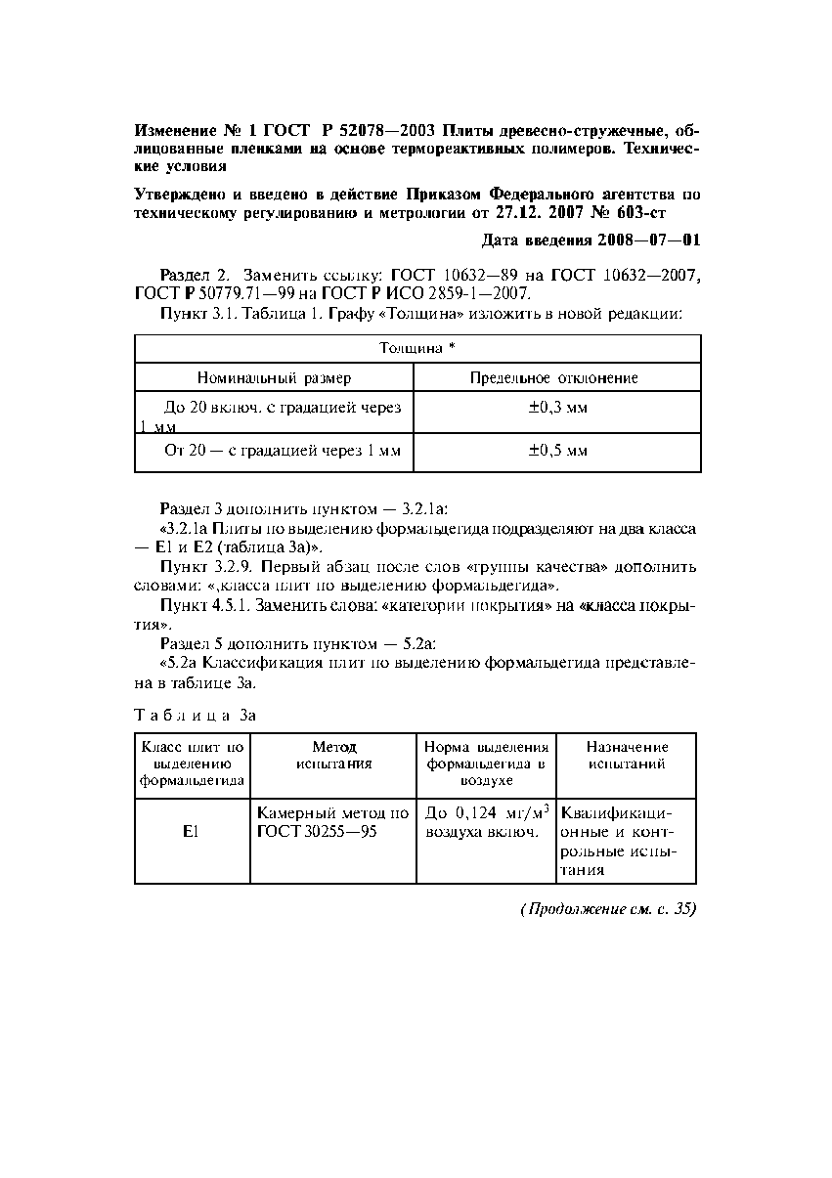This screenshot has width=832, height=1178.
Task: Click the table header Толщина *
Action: coord(417,348)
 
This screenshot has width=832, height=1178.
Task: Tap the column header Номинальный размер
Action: coord(274,377)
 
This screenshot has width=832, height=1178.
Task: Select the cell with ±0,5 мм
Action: coord(557,452)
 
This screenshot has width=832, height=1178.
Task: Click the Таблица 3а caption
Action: coord(195,715)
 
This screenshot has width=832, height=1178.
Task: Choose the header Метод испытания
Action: coord(333,756)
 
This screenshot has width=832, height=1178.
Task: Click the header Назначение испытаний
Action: coord(627,756)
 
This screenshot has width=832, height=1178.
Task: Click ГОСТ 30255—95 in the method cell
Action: coord(311,831)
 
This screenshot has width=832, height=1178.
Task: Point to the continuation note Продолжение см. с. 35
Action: coord(607,909)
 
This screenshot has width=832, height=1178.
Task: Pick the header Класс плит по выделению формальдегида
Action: coord(192,764)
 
